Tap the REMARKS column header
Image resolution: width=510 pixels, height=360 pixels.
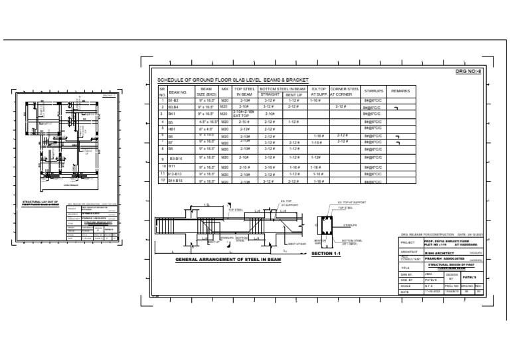[400, 91]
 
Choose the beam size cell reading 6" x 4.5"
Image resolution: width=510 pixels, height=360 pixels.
[205, 129]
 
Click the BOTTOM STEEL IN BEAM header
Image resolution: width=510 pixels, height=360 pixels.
[282, 88]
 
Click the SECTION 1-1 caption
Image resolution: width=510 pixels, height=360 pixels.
[325, 253]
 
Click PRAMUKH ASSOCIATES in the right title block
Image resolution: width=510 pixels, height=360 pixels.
[444, 259]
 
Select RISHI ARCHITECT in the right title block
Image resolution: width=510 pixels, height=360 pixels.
[439, 252]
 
